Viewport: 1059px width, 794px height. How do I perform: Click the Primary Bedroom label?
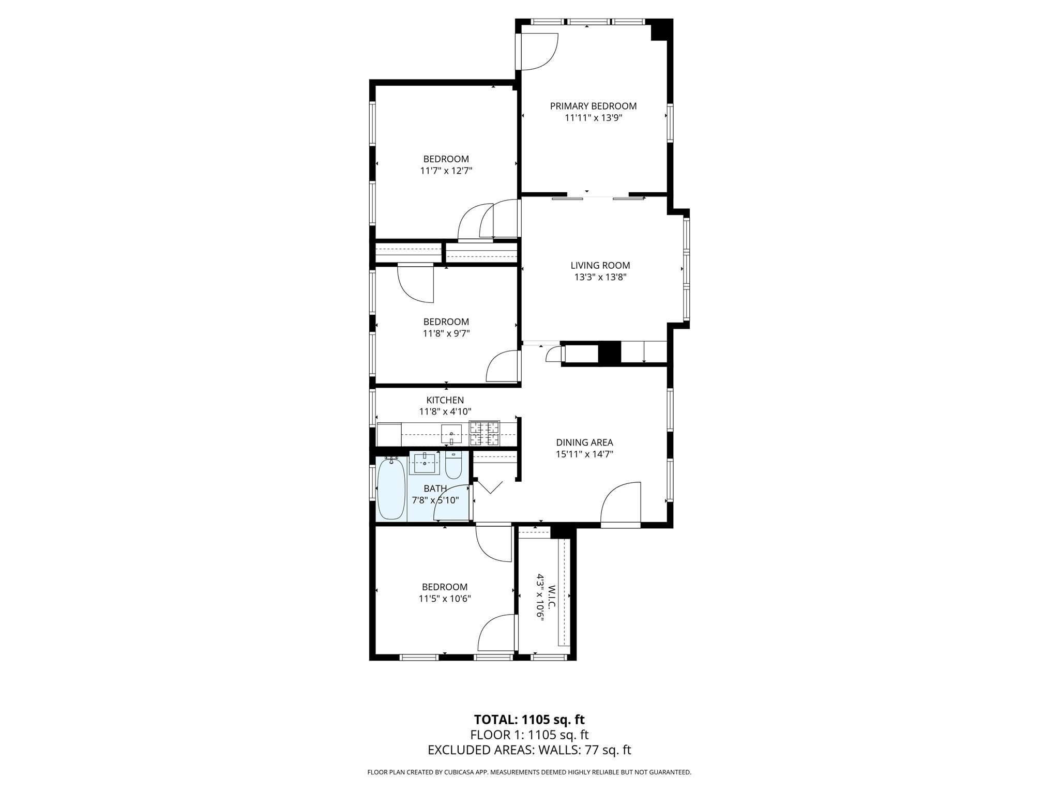tap(593, 106)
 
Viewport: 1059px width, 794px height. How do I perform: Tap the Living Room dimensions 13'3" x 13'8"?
tap(600, 277)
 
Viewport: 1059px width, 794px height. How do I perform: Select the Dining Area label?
tap(584, 442)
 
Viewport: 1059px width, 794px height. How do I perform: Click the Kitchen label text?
tap(445, 400)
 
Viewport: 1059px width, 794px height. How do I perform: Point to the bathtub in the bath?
tap(391, 488)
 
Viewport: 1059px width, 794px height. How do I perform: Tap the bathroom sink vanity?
tap(425, 463)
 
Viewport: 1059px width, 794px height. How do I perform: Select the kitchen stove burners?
tap(484, 433)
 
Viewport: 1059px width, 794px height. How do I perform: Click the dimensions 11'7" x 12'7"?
tap(446, 171)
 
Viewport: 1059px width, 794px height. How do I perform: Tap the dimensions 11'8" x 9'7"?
tap(446, 333)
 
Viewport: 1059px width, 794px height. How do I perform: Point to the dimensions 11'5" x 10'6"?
tap(445, 599)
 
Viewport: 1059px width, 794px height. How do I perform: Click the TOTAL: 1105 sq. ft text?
tap(529, 720)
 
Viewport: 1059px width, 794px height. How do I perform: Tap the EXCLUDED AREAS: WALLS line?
tap(529, 750)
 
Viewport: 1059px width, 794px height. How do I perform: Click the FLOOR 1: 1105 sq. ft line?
tap(529, 735)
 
